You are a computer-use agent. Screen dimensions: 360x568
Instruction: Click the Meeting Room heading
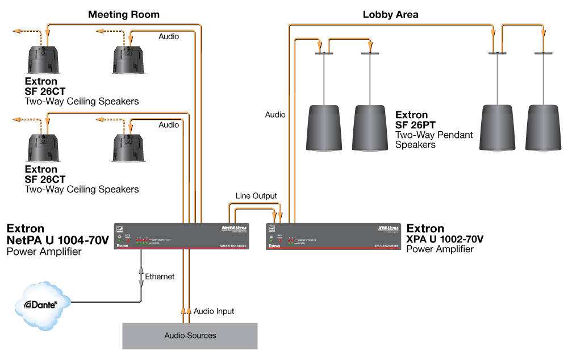123,14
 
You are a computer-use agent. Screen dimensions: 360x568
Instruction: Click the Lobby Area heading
390,15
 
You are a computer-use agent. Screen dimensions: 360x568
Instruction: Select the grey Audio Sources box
190,336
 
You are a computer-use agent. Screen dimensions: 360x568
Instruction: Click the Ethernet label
160,277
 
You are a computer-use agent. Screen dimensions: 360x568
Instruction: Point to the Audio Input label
214,311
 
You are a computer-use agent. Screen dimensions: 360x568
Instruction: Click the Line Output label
256,196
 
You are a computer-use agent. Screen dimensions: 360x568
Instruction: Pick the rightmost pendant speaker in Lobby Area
542,127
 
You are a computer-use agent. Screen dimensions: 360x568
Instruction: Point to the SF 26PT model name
416,125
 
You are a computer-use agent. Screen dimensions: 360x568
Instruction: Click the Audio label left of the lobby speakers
275,115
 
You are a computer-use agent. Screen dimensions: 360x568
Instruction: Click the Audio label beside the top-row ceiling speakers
168,36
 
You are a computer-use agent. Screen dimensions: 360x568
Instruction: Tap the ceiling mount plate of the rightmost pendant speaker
543,53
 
